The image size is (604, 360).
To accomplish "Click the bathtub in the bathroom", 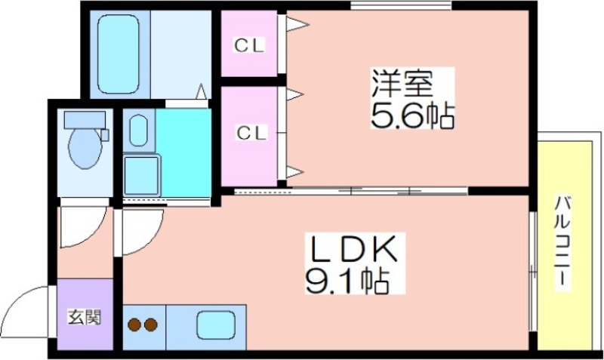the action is point(118,54).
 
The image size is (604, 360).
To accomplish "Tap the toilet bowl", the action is point(85,148).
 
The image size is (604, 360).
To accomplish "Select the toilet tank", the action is point(85,120).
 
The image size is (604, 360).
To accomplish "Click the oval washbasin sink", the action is point(138,130).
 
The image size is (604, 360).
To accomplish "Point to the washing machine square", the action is point(141,175).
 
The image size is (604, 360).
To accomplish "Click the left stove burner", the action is point(134,325).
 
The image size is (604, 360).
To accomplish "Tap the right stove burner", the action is point(150,325).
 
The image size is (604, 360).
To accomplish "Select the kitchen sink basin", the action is point(216,325).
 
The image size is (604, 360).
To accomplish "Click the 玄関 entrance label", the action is point(85,317).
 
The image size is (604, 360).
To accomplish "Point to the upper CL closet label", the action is point(249,46).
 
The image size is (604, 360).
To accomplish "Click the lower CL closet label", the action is point(251,134).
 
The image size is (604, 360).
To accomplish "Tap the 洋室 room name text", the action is point(402,84).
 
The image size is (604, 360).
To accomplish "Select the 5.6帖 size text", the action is point(412,115).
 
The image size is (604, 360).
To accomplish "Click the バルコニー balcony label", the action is point(562,241).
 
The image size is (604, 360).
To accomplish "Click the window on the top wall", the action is point(401,5).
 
